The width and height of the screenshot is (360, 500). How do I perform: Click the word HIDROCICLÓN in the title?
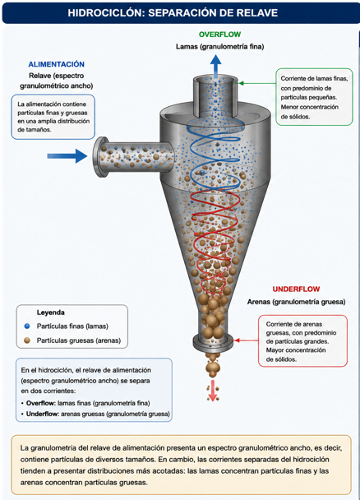[x=106, y=13]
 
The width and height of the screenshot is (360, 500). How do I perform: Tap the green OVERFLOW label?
[x=219, y=35]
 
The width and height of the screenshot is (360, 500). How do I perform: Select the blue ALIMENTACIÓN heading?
[x=57, y=64]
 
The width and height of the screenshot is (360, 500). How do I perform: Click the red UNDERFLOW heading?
[x=296, y=289]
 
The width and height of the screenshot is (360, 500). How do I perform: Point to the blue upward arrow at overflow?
[x=216, y=67]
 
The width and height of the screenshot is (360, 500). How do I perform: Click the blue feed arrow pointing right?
[x=67, y=156]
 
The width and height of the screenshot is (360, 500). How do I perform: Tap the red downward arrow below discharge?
[x=212, y=391]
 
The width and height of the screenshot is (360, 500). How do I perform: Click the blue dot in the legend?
[x=27, y=326]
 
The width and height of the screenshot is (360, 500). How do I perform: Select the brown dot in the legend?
[x=27, y=340]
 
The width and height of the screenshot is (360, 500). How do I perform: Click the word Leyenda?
[x=51, y=312]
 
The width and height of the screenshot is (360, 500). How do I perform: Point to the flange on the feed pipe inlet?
[x=100, y=157]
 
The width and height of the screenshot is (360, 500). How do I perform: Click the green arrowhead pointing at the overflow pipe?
[x=242, y=83]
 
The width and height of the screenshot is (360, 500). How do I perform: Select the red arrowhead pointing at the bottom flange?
[x=237, y=340]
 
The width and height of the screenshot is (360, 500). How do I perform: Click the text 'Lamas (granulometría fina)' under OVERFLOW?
[x=219, y=47]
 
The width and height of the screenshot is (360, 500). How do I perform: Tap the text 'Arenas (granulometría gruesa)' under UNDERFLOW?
[x=296, y=302]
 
